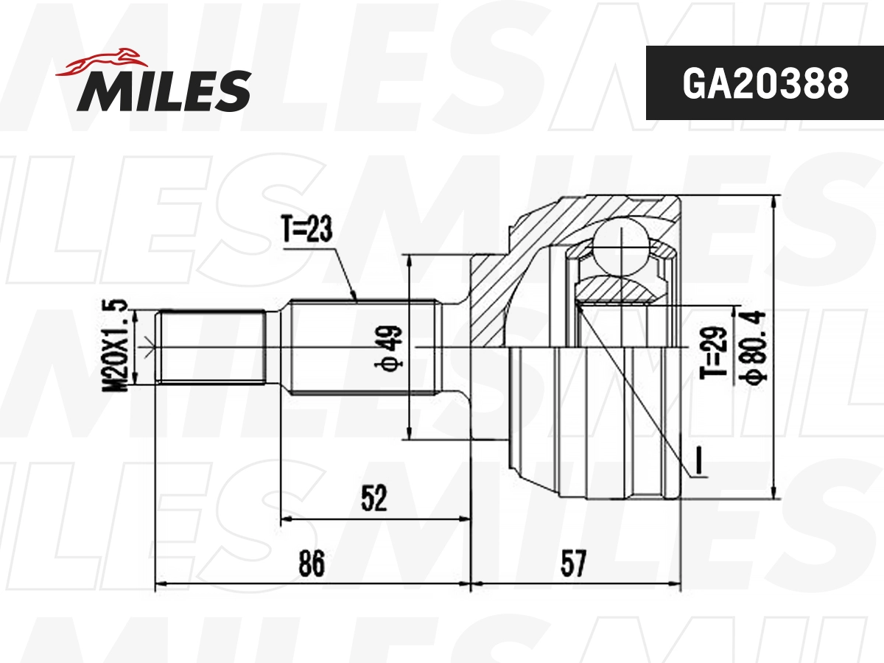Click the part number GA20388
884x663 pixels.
pyautogui.click(x=765, y=84)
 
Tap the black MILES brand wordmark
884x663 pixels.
pyautogui.click(x=164, y=90)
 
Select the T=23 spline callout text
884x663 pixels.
pyautogui.click(x=306, y=230)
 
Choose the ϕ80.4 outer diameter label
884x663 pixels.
pyautogui.click(x=756, y=346)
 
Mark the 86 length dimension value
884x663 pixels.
pyautogui.click(x=312, y=565)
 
